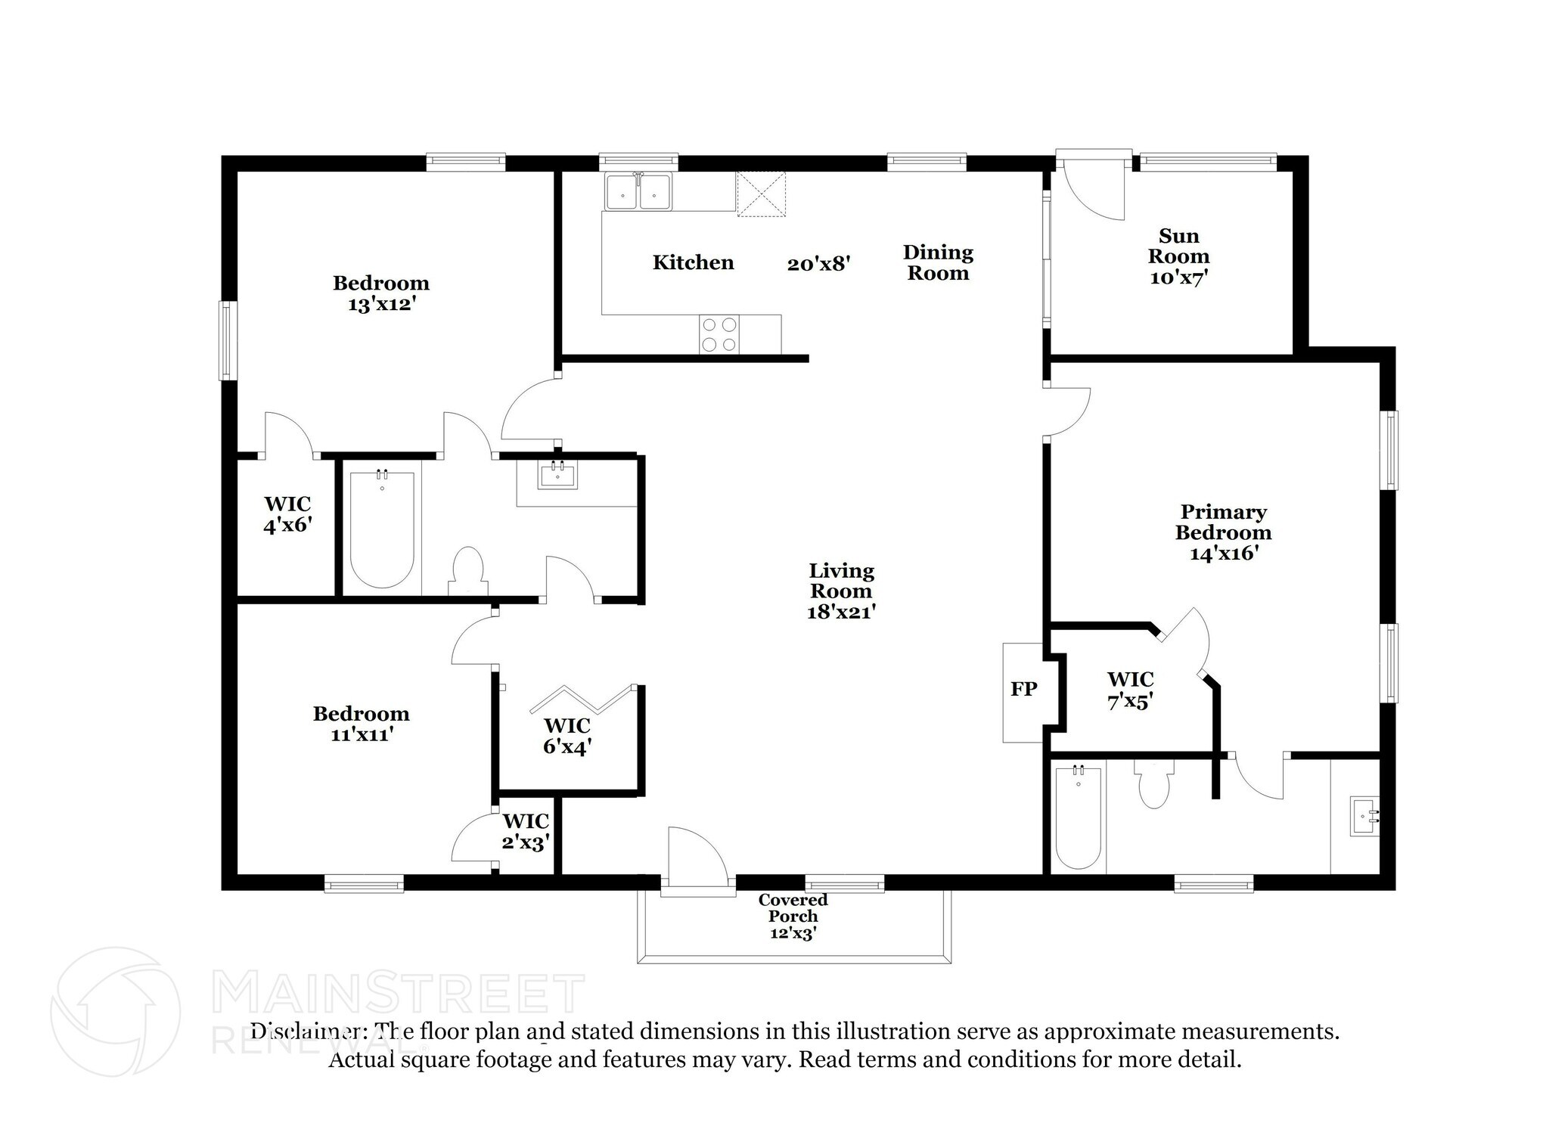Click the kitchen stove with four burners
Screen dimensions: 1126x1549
pyautogui.click(x=719, y=334)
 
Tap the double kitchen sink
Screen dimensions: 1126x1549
pyautogui.click(x=638, y=192)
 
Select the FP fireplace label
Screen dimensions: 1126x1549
pyautogui.click(x=1023, y=689)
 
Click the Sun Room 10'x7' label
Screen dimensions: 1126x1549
pyautogui.click(x=1178, y=257)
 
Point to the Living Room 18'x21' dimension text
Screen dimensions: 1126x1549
pyautogui.click(x=841, y=612)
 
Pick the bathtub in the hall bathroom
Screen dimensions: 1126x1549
pyautogui.click(x=382, y=529)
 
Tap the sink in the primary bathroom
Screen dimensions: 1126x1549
pyautogui.click(x=1364, y=816)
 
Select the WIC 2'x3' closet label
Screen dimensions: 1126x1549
pyautogui.click(x=526, y=831)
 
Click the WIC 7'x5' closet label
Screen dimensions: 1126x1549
pyautogui.click(x=1130, y=690)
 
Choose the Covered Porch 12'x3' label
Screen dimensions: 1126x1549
pyautogui.click(x=793, y=916)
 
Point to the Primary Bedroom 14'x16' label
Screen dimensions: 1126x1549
pyautogui.click(x=1223, y=532)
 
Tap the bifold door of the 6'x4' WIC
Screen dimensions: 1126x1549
pyautogui.click(x=581, y=699)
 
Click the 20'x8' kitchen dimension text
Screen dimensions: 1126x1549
pyautogui.click(x=819, y=264)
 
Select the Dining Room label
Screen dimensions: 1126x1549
pyautogui.click(x=938, y=262)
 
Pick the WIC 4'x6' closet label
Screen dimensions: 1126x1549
pyautogui.click(x=287, y=514)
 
